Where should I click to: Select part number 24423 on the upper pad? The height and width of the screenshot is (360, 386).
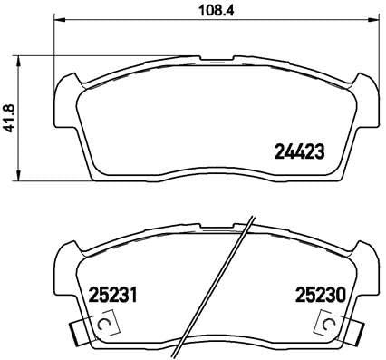tap(299, 151)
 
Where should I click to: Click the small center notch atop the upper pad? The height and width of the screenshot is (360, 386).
tap(217, 60)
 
